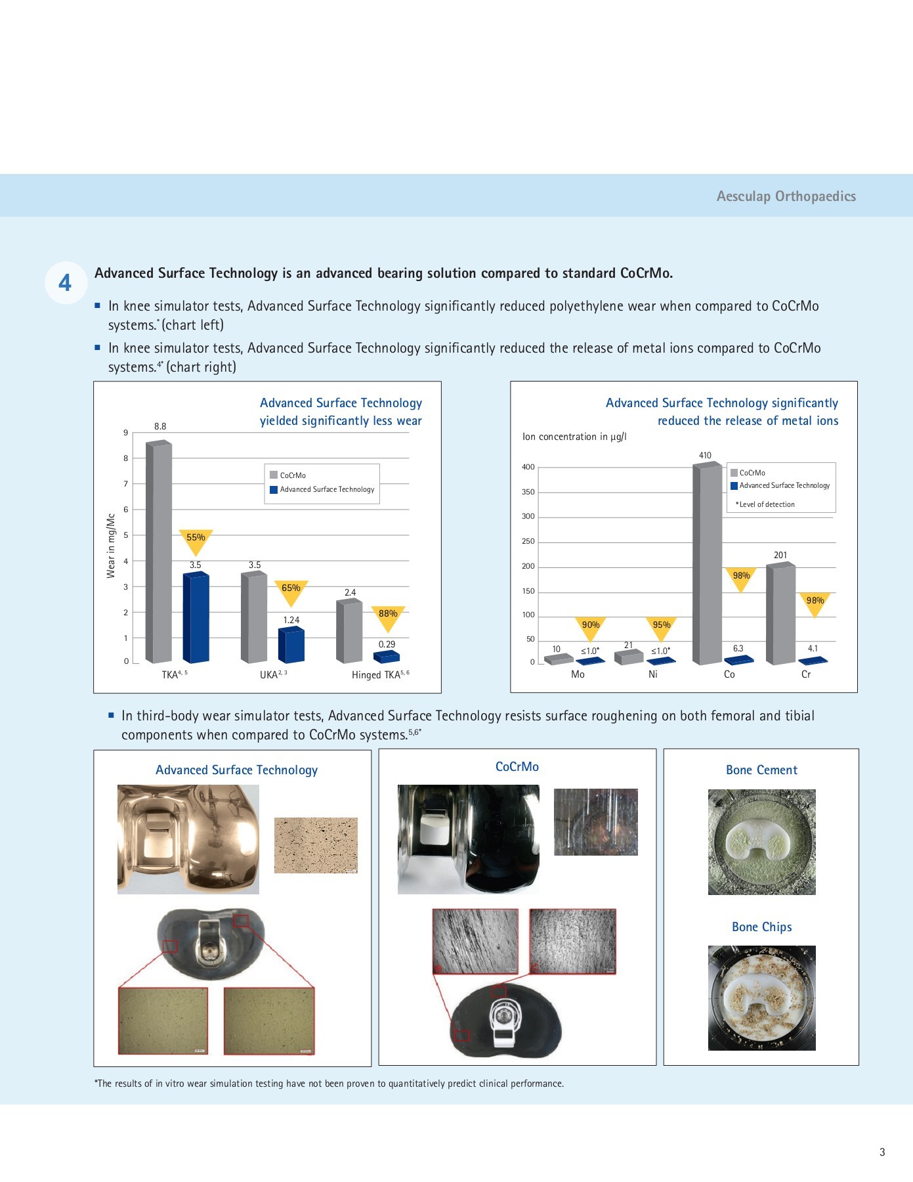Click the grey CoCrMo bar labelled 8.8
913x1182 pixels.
(x=158, y=552)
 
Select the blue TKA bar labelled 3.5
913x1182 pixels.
(x=196, y=617)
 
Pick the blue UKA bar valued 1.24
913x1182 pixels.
(x=291, y=646)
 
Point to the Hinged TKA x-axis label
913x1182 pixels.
(x=380, y=674)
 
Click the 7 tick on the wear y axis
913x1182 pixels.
(x=125, y=484)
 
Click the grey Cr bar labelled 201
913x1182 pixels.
(x=780, y=613)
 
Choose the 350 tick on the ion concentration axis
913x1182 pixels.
(x=528, y=492)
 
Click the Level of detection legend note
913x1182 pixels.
(x=765, y=504)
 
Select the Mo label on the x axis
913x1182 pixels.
(x=578, y=674)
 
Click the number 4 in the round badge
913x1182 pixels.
(x=65, y=283)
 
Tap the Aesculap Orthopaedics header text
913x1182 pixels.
(x=786, y=196)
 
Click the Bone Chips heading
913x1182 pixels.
(x=761, y=927)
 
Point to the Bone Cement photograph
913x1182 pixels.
(x=761, y=842)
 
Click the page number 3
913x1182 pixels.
(x=882, y=1152)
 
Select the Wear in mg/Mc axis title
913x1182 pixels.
(x=111, y=546)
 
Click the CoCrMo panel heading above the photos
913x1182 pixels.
(x=517, y=766)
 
